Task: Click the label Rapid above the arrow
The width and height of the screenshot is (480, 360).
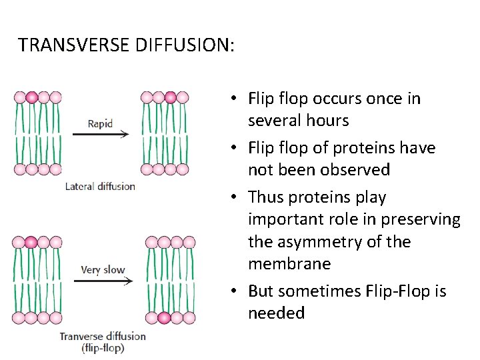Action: coord(100,123)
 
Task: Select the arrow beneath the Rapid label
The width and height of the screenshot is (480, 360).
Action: coord(100,134)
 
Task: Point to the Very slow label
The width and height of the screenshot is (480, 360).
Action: coord(103,270)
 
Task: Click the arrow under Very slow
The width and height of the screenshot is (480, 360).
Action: coord(103,281)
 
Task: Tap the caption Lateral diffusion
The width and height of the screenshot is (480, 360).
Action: coord(100,187)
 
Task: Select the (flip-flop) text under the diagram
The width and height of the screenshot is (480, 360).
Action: coord(103,347)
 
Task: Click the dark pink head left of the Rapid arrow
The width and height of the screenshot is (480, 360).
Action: coord(32,97)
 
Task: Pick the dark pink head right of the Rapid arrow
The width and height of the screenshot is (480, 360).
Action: coord(171,97)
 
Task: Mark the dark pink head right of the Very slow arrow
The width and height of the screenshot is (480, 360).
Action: coord(165,317)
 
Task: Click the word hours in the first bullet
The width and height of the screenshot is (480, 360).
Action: coord(325,121)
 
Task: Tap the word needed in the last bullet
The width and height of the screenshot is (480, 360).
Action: coord(276,313)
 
